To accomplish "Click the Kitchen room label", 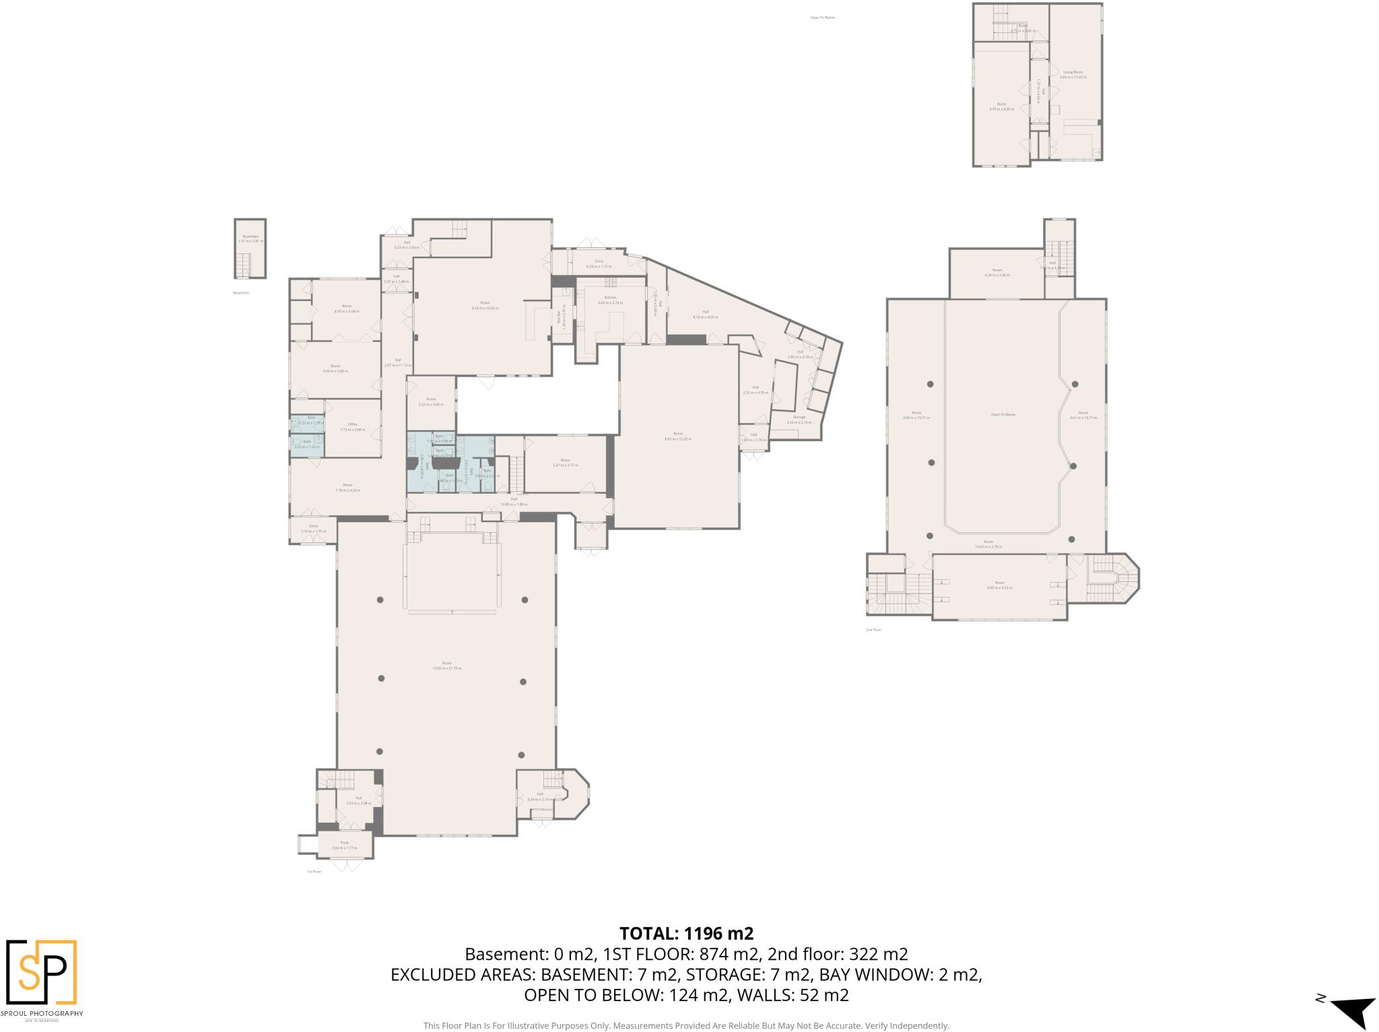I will (x=610, y=298).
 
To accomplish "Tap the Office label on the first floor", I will (x=352, y=424).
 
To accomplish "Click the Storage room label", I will (x=799, y=417).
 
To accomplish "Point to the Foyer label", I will (x=345, y=843).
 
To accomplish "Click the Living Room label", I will (x=1073, y=72).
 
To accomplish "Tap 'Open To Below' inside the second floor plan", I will (x=1003, y=415).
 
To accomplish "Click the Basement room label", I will (x=250, y=236).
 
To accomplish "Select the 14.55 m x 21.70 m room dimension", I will (x=447, y=668).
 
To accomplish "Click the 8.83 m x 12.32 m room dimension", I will (x=678, y=439).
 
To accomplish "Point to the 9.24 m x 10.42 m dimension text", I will (x=485, y=308).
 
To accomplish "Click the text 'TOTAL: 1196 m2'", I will (x=686, y=934).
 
